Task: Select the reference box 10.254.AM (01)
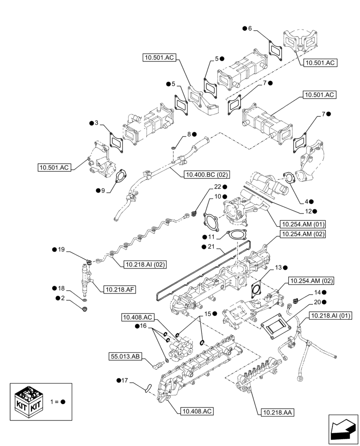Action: pyautogui.click(x=303, y=224)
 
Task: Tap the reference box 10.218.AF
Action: pyautogui.click(x=119, y=289)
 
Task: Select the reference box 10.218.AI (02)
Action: pyautogui.click(x=145, y=264)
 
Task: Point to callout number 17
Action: pyautogui.click(x=125, y=380)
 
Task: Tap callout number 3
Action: pyautogui.click(x=96, y=123)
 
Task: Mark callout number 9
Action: pyautogui.click(x=103, y=190)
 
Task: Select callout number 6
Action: pyautogui.click(x=250, y=29)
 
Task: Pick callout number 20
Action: pyautogui.click(x=317, y=302)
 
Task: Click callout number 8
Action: pyautogui.click(x=189, y=134)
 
